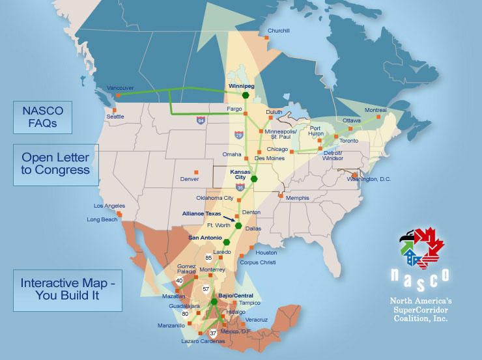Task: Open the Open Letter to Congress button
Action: [55, 165]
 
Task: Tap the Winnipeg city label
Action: [240, 85]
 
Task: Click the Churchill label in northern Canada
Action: [278, 31]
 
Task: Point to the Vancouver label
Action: [120, 87]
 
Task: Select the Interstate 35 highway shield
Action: [240, 186]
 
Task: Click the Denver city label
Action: [189, 179]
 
